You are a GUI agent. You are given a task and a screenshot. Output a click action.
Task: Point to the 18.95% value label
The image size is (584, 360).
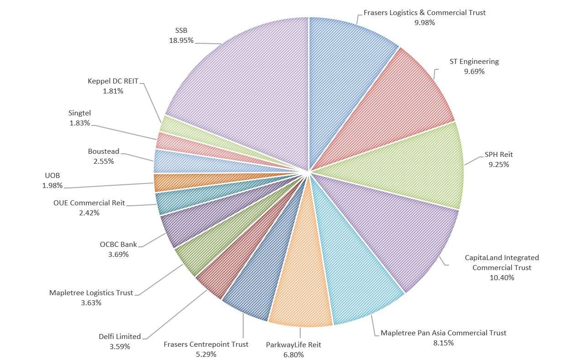click(181, 41)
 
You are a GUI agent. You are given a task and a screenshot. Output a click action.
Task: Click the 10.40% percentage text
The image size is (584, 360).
click(502, 277)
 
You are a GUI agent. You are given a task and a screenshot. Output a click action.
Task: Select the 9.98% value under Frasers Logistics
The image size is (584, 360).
click(425, 22)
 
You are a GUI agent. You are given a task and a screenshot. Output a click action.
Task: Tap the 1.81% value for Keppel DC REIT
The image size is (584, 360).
click(113, 91)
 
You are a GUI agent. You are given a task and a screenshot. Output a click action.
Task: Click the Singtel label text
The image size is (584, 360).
click(80, 113)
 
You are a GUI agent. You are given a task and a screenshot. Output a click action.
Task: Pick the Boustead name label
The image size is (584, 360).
click(104, 151)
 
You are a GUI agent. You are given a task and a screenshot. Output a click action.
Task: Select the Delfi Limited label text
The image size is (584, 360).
click(120, 337)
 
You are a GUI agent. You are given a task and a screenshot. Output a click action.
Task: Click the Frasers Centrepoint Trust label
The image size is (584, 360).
click(206, 344)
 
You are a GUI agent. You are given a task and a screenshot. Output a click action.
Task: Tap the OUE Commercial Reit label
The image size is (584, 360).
click(89, 203)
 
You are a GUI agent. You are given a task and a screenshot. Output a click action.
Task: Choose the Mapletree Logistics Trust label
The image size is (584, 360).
click(91, 293)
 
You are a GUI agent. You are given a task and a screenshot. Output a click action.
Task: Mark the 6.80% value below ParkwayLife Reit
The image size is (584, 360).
click(293, 355)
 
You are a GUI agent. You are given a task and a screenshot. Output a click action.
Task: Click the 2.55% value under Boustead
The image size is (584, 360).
click(104, 161)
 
